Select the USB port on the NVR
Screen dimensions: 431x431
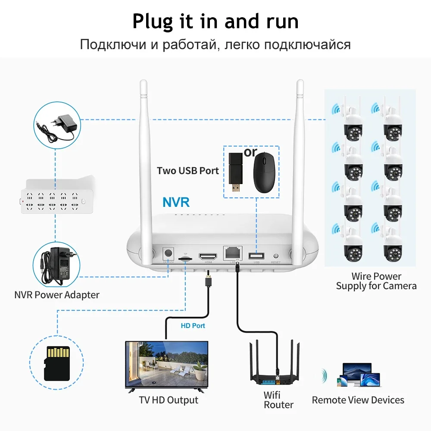(x=256, y=255)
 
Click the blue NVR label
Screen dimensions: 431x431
(x=176, y=202)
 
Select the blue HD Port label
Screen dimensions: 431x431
(x=193, y=326)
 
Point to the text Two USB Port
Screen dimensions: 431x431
(x=187, y=171)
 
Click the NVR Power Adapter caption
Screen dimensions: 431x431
(x=56, y=295)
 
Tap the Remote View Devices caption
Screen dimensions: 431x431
(x=358, y=400)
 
